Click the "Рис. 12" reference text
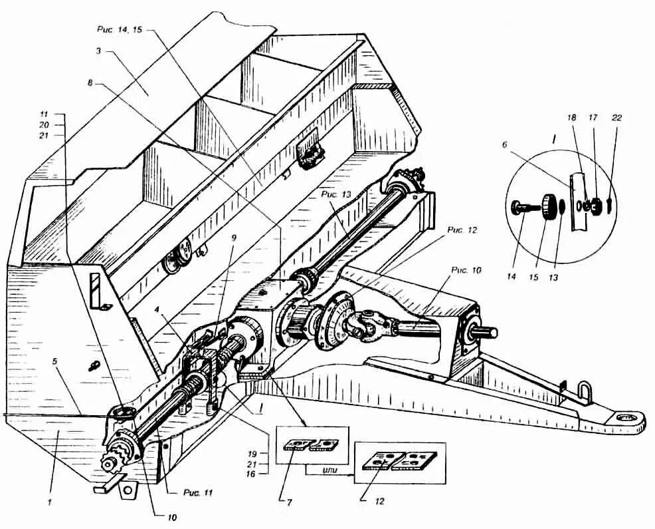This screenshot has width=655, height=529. tap(463, 230)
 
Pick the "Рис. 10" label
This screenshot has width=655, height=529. tap(467, 271)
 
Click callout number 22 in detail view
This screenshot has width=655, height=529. tap(617, 118)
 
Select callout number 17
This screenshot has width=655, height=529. tap(593, 118)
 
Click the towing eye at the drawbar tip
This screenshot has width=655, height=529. tap(625, 418)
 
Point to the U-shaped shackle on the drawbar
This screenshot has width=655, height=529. tap(584, 393)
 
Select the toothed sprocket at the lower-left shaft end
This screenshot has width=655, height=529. tap(118, 458)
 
